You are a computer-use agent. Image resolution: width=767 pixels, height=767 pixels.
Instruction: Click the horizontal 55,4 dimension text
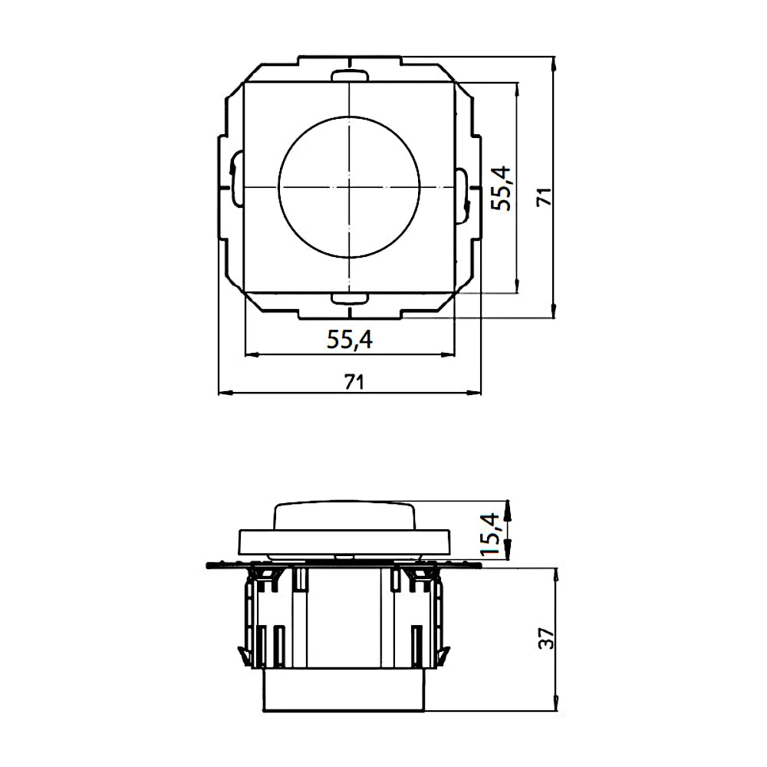click(349, 340)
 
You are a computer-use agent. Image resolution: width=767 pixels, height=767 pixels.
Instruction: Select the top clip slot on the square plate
click(349, 75)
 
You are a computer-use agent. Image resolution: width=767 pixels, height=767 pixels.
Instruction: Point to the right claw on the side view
click(446, 652)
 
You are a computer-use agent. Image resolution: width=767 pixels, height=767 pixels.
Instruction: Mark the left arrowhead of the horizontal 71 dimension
click(224, 393)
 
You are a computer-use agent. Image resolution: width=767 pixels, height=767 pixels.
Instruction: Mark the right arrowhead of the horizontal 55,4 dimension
click(451, 354)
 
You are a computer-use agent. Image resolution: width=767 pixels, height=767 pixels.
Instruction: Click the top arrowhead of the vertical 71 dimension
click(554, 61)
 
